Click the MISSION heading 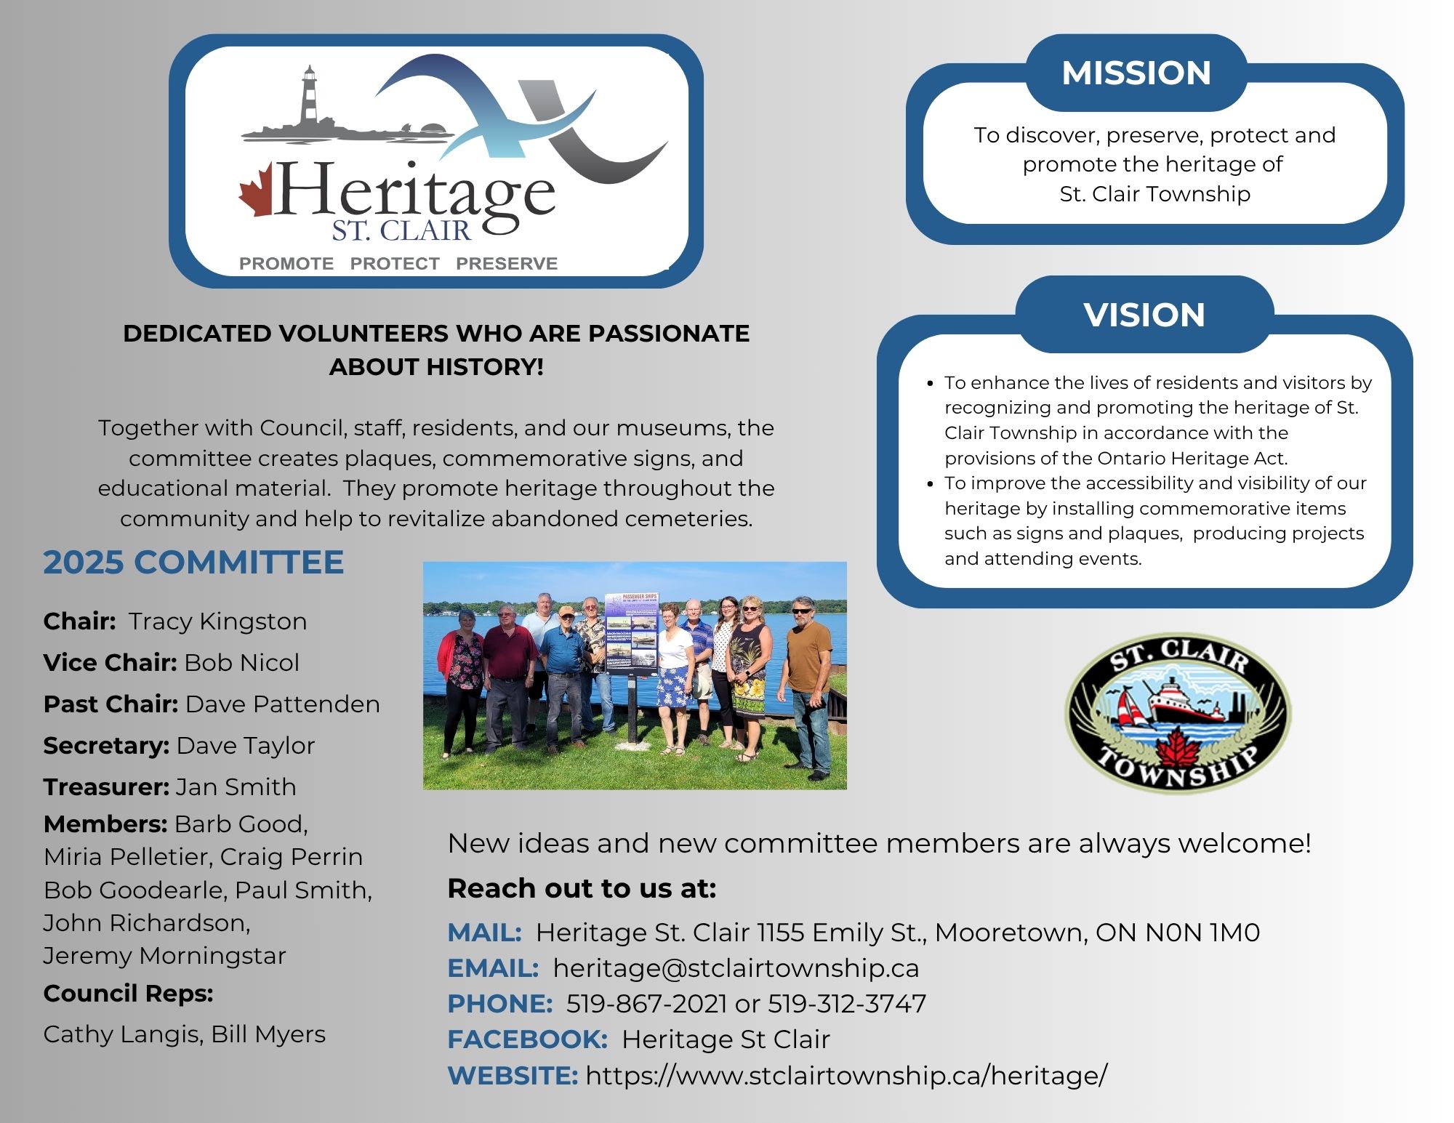click(x=1136, y=73)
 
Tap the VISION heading click(x=1144, y=315)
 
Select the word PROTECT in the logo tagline click(x=395, y=263)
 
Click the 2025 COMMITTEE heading click(x=193, y=562)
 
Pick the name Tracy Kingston click(x=217, y=621)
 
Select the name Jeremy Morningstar click(x=165, y=955)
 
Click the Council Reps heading click(x=129, y=993)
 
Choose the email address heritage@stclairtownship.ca click(x=736, y=968)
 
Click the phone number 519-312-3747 click(x=847, y=1003)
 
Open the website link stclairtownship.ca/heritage click(x=846, y=1075)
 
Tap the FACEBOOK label click(x=527, y=1039)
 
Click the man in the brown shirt click(x=808, y=687)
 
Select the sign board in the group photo click(x=631, y=633)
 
